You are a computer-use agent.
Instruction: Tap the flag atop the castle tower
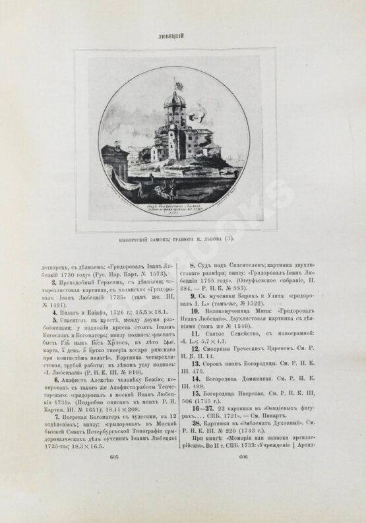point(177,87)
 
